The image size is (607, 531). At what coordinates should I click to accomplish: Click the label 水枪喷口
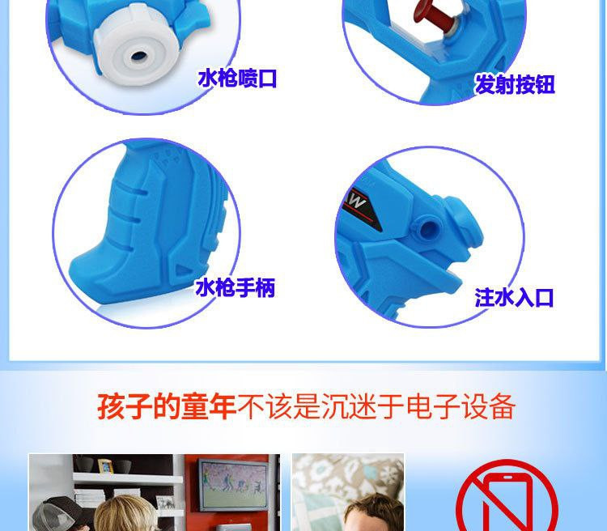[x=237, y=79]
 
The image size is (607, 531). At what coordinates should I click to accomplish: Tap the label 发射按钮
[x=515, y=84]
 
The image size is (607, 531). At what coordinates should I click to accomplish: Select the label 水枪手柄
[x=236, y=288]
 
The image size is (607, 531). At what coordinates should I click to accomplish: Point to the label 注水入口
[x=514, y=297]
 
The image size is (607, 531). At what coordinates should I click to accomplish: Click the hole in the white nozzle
[x=138, y=55]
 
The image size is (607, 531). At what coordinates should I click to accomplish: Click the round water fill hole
[x=428, y=229]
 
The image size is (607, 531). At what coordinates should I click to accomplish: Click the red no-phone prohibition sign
[x=507, y=496]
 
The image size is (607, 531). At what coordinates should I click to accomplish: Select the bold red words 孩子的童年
[x=167, y=406]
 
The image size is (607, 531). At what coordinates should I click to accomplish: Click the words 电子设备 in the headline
[x=461, y=406]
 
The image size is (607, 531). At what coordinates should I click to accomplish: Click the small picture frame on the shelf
[x=105, y=466]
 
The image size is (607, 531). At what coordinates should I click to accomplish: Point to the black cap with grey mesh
[x=55, y=512]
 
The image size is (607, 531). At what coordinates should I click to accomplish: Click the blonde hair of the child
[x=125, y=513]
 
